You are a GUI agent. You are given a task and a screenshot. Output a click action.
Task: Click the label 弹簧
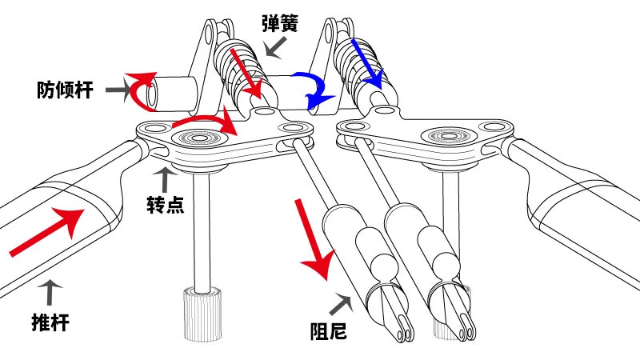click(x=281, y=23)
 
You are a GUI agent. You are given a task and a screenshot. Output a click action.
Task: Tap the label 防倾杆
click(x=66, y=90)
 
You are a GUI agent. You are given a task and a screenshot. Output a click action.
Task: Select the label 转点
click(x=166, y=204)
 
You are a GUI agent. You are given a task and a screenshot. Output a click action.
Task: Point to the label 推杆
click(x=50, y=322)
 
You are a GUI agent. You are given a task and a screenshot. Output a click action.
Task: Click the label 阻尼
click(x=329, y=330)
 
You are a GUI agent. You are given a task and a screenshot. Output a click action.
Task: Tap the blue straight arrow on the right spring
click(x=367, y=63)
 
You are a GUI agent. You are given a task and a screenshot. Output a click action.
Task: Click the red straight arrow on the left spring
click(x=247, y=74)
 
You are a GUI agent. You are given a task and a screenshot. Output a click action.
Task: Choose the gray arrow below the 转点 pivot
click(x=165, y=179)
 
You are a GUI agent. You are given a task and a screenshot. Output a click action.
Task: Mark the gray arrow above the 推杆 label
click(x=50, y=293)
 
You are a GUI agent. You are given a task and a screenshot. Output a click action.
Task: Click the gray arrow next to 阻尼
click(x=341, y=304)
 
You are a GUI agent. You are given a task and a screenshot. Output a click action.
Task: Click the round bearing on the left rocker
click(x=198, y=138)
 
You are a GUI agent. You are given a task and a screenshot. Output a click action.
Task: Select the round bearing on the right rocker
click(x=449, y=135)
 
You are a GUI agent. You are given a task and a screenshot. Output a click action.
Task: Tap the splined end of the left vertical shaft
click(x=202, y=314)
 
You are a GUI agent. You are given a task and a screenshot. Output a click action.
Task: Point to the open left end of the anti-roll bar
click(x=152, y=94)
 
